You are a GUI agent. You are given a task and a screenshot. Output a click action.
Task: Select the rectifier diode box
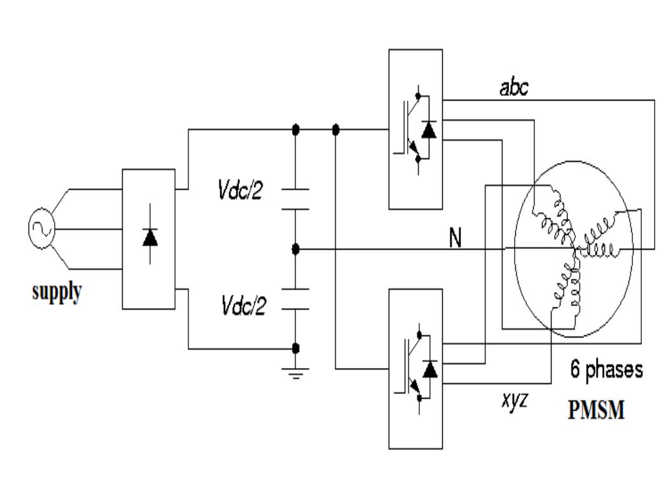tap(148, 239)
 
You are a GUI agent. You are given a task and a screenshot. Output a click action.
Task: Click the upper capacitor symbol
tap(295, 199)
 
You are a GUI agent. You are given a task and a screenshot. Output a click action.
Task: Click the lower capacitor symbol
tap(295, 299)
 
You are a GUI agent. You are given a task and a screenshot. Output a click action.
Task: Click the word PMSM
tap(595, 410)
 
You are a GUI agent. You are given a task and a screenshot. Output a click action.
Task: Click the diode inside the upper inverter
tap(430, 131)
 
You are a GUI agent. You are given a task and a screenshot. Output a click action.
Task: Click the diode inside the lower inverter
tap(430, 369)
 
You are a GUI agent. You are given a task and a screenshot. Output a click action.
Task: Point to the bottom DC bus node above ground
tap(295, 348)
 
